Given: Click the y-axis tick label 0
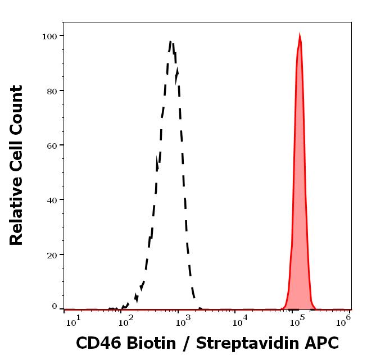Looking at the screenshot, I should (x=54, y=307).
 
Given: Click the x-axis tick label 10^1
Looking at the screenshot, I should (x=74, y=321).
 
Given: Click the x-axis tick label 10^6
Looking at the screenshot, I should (x=343, y=320).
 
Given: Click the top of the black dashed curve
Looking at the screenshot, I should (x=171, y=41).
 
